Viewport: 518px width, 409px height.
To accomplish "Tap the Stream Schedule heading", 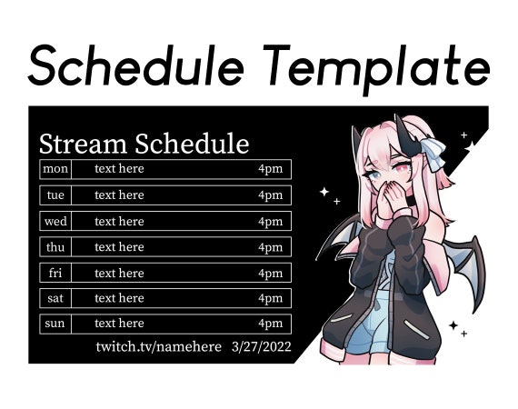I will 144,144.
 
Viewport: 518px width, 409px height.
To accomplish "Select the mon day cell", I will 55,169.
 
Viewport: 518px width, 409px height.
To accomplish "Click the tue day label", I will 55,195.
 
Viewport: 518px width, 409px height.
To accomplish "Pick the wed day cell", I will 55,221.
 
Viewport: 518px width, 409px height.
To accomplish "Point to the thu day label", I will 55,246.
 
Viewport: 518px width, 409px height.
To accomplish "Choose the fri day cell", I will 55,273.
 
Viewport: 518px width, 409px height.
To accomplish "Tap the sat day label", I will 55,298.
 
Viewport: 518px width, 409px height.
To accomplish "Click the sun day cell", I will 55,324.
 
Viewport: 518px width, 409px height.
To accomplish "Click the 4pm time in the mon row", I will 270,169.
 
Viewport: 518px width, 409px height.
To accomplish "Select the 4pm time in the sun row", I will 270,324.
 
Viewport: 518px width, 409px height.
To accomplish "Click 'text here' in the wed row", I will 119,221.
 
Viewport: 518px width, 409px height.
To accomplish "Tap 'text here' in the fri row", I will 119,273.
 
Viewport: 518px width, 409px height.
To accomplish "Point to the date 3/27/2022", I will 263,346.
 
